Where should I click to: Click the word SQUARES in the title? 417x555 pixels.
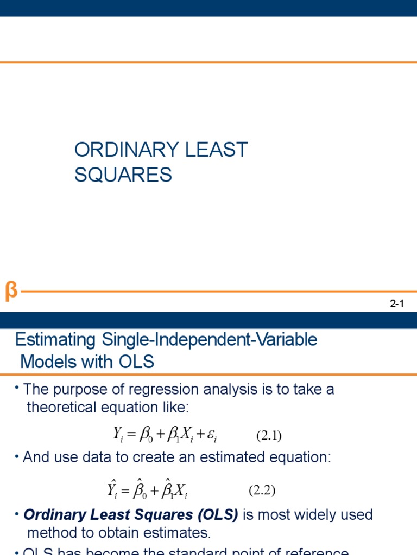point(123,175)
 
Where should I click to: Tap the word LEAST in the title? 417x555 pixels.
point(216,150)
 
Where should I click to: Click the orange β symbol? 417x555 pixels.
point(11,291)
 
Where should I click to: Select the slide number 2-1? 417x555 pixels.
point(397,305)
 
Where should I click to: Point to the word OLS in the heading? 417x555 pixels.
point(136,362)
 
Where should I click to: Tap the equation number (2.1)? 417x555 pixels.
point(269,435)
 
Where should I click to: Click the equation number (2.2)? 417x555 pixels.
point(262,491)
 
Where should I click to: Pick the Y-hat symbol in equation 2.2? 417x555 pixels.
point(112,490)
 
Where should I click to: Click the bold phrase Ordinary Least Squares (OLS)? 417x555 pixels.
point(131,515)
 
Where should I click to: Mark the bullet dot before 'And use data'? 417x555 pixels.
point(18,458)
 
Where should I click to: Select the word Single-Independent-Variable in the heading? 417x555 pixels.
point(208,340)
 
